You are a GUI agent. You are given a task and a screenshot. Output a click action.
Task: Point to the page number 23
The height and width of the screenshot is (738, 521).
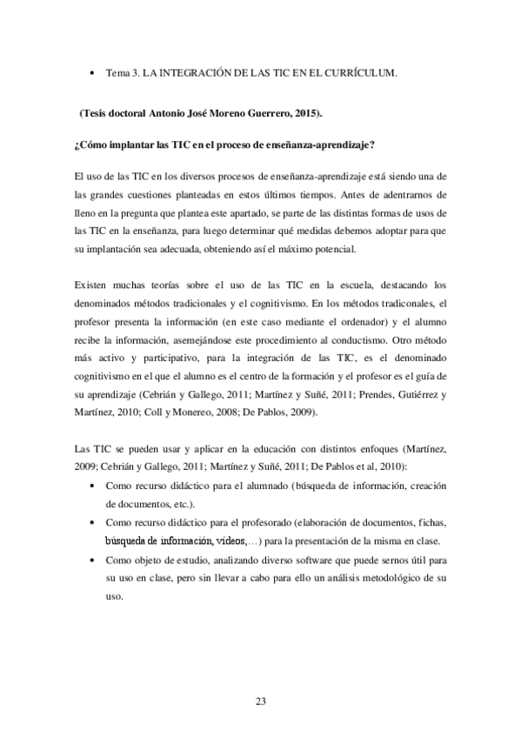261,701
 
